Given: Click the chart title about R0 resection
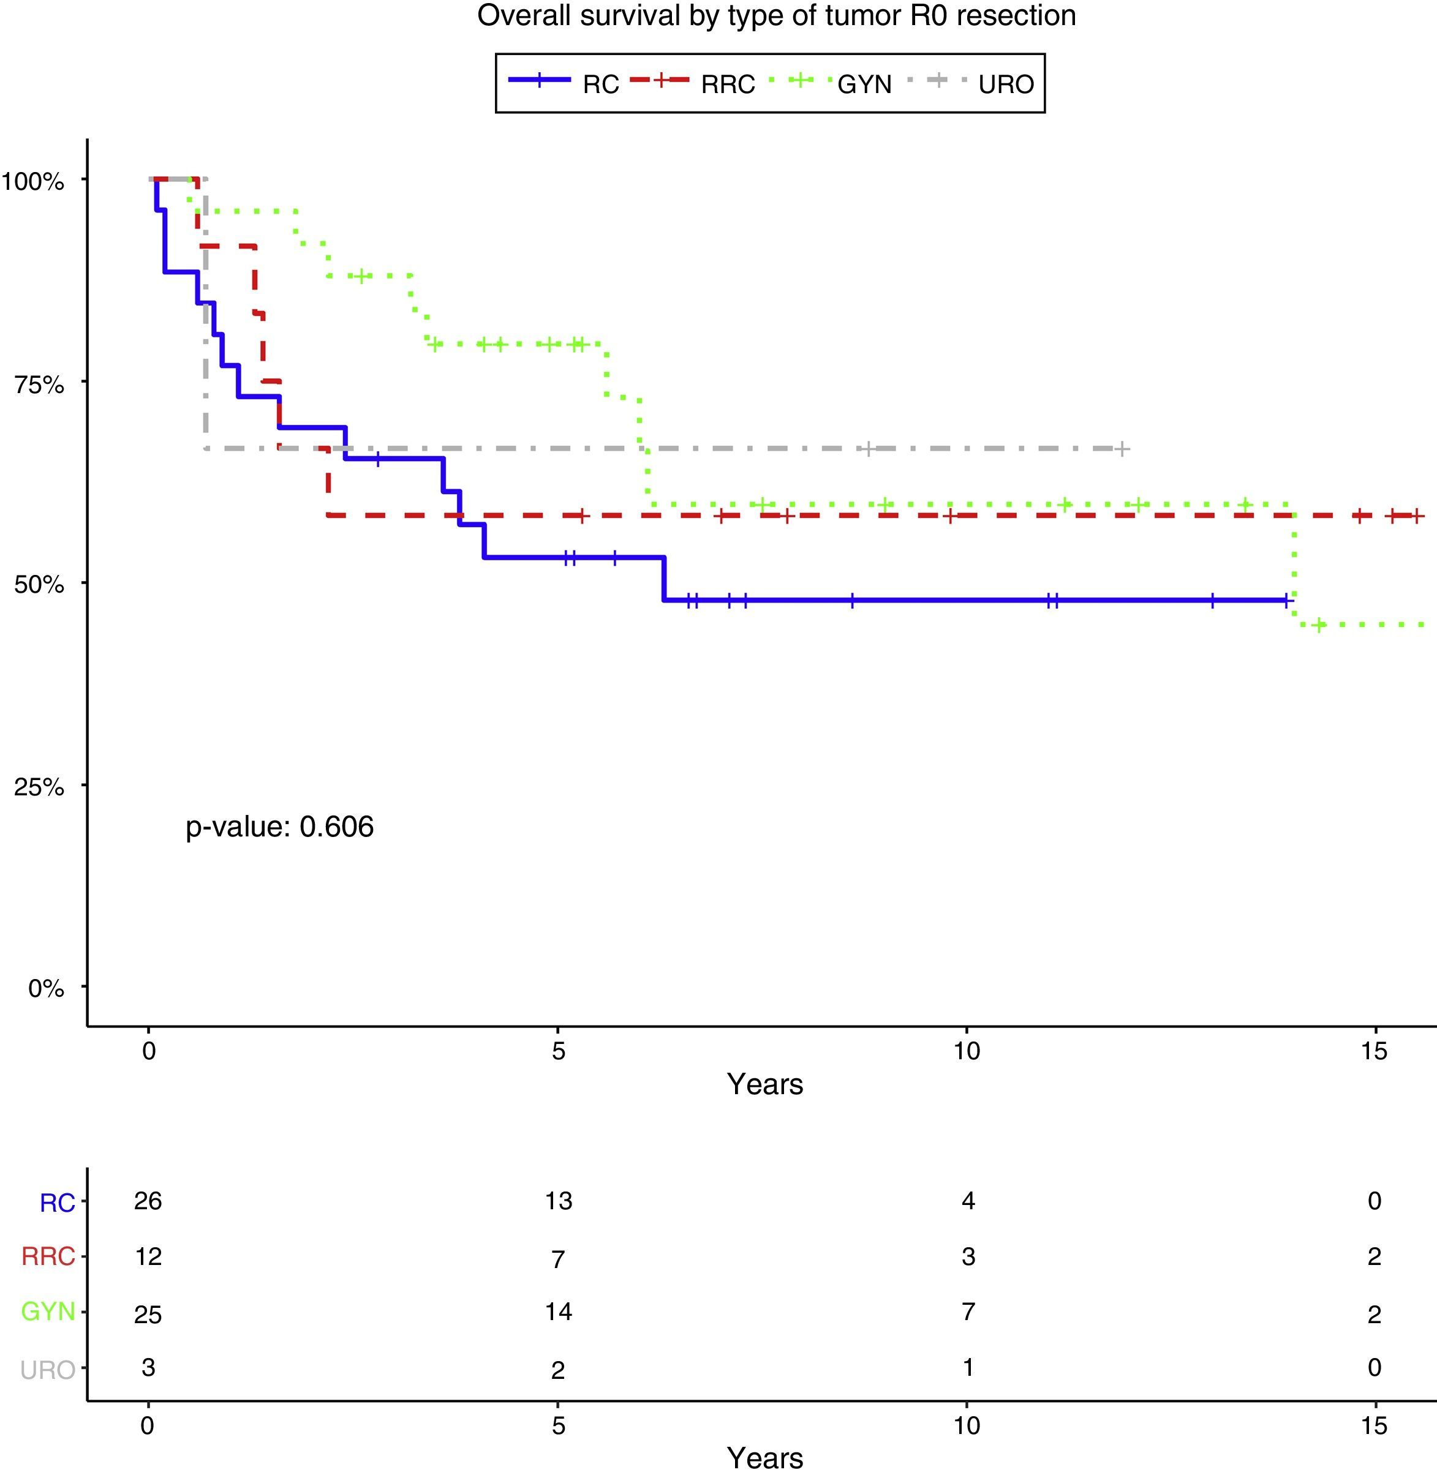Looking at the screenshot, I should click(x=776, y=17).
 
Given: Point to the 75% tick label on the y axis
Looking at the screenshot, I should click(x=39, y=385).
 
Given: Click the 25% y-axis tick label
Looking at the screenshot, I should click(x=39, y=787).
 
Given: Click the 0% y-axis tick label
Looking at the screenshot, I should click(x=46, y=988).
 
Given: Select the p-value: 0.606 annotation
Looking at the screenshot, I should click(x=279, y=827).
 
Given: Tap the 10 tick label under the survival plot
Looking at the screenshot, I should click(x=966, y=1050).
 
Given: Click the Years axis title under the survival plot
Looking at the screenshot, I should click(x=764, y=1084).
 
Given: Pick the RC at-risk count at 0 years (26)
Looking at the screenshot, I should click(x=148, y=1200).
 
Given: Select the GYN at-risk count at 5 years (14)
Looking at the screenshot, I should click(x=558, y=1312).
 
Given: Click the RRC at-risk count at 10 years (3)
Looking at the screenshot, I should click(x=968, y=1256).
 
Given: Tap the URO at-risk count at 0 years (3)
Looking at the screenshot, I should click(x=148, y=1367).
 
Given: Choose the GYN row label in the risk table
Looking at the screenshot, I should click(x=48, y=1312).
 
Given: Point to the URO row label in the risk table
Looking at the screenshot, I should click(x=48, y=1369).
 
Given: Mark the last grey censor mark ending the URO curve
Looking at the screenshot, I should click(x=1122, y=449).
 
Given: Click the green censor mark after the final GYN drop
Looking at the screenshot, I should click(x=1318, y=625).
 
